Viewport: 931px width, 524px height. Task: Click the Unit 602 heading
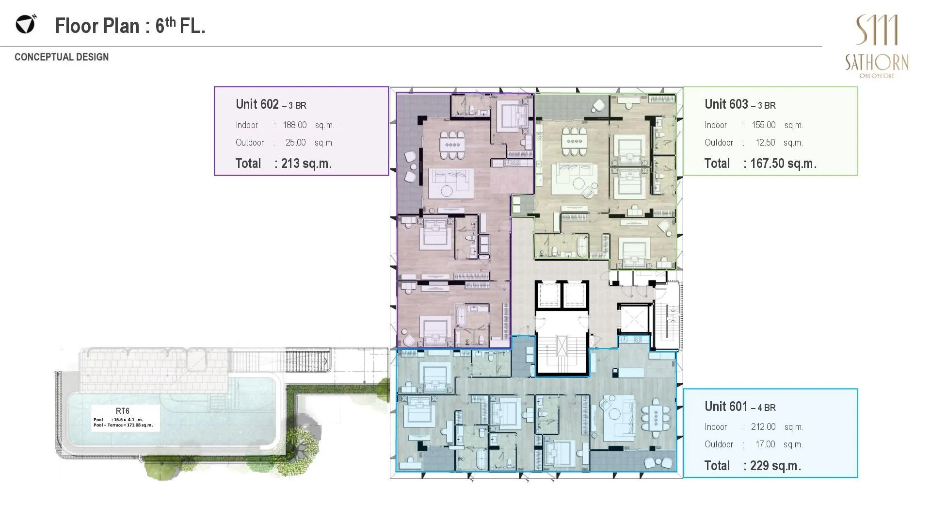click(x=271, y=104)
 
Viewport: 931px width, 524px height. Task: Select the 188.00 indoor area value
click(x=295, y=125)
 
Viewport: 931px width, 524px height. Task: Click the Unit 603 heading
click(x=740, y=104)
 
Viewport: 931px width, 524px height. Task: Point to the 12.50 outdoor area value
click(x=765, y=143)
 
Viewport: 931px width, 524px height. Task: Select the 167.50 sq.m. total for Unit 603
click(x=783, y=164)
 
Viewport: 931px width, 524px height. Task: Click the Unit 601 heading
click(x=740, y=407)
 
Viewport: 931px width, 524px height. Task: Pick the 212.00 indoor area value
click(x=763, y=427)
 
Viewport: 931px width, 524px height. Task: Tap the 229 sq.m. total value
click(x=775, y=466)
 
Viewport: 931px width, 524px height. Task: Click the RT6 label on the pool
click(x=123, y=411)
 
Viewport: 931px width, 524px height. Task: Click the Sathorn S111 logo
click(x=877, y=46)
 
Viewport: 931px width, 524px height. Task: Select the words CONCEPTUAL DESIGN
click(x=62, y=57)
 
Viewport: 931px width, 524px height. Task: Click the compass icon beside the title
click(x=26, y=24)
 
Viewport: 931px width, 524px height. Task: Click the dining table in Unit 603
click(x=574, y=141)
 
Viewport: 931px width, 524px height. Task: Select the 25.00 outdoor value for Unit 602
click(x=295, y=143)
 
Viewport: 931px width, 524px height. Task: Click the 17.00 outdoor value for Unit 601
click(x=765, y=444)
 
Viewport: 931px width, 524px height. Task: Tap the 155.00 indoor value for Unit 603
click(x=764, y=125)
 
